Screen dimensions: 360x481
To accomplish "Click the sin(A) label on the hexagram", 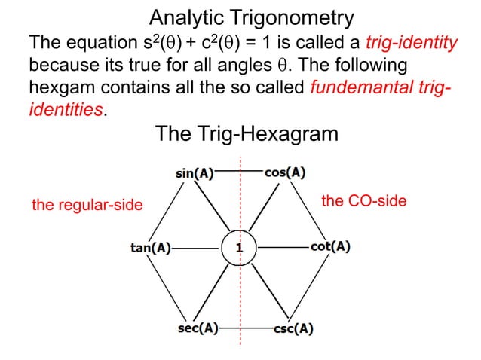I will pos(194,172).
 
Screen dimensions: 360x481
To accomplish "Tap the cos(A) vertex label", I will pos(285,172).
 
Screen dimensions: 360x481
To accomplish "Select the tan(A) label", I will pos(147,247).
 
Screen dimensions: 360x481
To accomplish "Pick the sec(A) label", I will pos(197,329).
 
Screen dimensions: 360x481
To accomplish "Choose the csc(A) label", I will pos(293,329).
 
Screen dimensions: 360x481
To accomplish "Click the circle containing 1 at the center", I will pos(239,247).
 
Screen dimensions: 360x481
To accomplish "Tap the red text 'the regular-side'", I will pos(87,205).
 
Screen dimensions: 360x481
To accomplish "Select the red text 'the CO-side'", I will pos(364,200).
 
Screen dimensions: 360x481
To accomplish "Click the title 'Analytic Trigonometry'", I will pos(241,17).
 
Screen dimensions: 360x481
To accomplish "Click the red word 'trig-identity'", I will pos(412,42).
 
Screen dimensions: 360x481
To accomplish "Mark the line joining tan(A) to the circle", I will pos(198,247).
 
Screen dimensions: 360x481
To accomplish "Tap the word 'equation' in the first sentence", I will pos(99,42).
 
